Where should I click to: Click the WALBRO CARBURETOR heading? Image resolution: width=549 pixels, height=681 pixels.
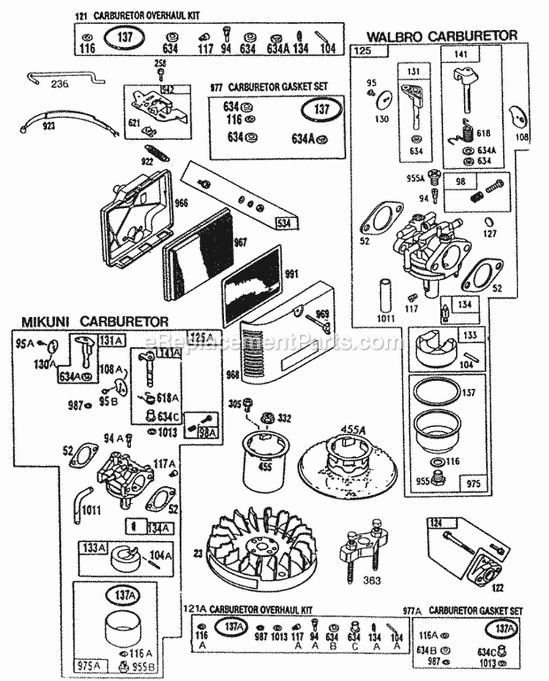point(442,35)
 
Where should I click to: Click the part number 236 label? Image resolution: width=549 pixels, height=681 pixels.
point(59,84)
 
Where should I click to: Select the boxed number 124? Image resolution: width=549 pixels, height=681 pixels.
point(437,523)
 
